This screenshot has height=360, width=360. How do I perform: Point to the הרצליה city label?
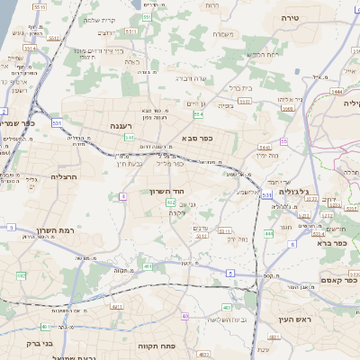pos(67,176)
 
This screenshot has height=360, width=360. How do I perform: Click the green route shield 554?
pos(198,114)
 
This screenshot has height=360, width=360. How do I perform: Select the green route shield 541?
pos(130,138)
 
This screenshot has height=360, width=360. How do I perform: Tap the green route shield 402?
pos(169,203)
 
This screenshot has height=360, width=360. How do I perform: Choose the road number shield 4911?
pos(118,307)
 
